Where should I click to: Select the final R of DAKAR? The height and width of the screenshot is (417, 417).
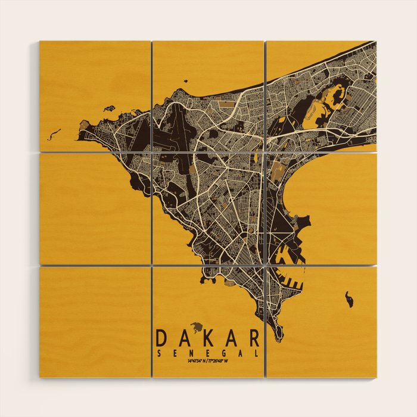point(254,338)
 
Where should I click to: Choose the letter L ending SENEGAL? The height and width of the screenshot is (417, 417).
point(257,353)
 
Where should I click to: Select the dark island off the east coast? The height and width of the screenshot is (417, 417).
point(349,299)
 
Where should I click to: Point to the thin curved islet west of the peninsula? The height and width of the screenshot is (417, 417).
point(54,133)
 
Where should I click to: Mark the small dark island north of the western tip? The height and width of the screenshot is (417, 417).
point(108,109)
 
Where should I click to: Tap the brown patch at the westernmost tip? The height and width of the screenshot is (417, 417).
point(84,126)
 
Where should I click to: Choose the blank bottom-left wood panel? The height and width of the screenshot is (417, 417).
point(95,322)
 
